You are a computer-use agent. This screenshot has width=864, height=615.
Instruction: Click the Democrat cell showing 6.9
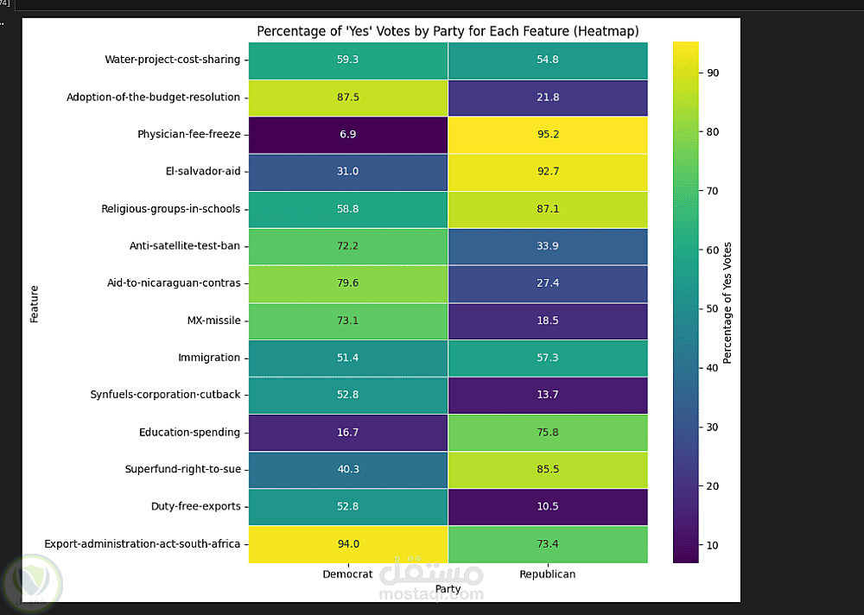pyautogui.click(x=348, y=135)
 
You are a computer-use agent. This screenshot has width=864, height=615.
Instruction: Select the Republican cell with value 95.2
pyautogui.click(x=548, y=135)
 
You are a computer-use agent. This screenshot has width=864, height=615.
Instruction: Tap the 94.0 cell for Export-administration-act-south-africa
pyautogui.click(x=348, y=544)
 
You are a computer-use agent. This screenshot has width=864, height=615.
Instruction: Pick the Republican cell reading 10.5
pyautogui.click(x=548, y=507)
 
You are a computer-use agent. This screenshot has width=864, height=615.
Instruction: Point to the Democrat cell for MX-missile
pyautogui.click(x=348, y=320)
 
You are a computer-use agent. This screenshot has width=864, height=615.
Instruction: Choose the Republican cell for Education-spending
pyautogui.click(x=548, y=432)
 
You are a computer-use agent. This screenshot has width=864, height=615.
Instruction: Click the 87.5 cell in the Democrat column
pyautogui.click(x=348, y=98)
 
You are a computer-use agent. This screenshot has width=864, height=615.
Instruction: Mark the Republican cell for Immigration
pyautogui.click(x=548, y=358)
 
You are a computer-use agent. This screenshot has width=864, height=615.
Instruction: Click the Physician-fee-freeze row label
pyautogui.click(x=188, y=135)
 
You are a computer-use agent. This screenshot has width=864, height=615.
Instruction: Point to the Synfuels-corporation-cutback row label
pyautogui.click(x=165, y=395)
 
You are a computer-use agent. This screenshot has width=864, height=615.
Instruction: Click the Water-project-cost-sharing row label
pyautogui.click(x=172, y=60)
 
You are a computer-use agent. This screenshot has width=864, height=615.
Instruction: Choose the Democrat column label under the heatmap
pyautogui.click(x=348, y=574)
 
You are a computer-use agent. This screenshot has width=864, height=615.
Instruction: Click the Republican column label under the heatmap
pyautogui.click(x=548, y=574)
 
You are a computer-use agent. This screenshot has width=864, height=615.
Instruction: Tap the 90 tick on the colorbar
pyautogui.click(x=712, y=73)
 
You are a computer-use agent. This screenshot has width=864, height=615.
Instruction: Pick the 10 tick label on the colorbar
pyautogui.click(x=712, y=546)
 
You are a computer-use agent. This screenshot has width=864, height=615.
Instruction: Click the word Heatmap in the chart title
pyautogui.click(x=607, y=32)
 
